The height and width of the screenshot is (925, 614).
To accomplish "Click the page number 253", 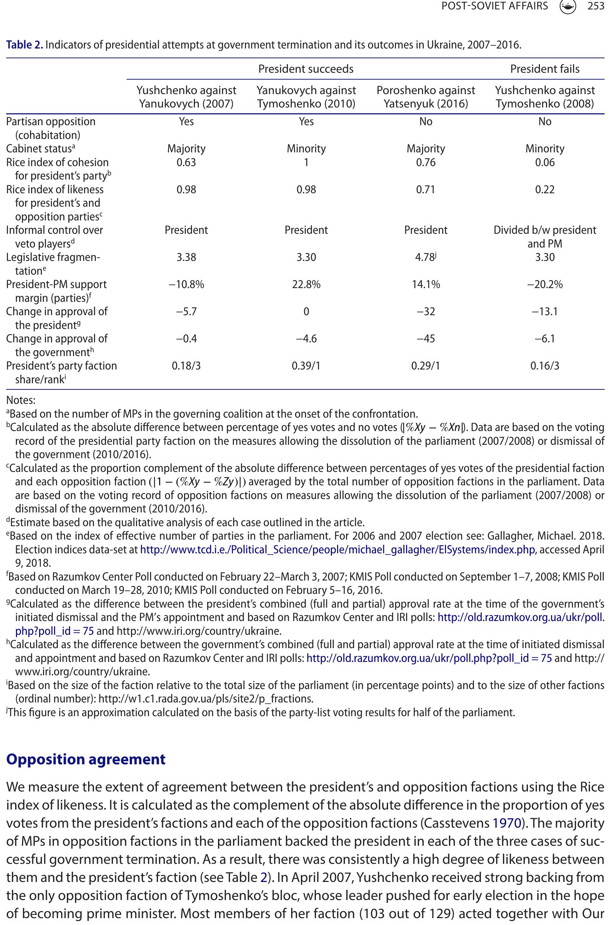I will [x=596, y=7].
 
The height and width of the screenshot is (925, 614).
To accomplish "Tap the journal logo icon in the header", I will [x=568, y=7].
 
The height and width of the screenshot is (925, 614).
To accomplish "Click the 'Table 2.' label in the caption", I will [x=24, y=45].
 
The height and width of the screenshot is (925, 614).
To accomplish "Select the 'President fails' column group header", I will [x=545, y=69].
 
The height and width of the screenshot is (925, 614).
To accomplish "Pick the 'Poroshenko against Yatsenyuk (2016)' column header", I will [x=426, y=97].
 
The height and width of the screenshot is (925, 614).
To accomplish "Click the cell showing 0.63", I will [x=186, y=162].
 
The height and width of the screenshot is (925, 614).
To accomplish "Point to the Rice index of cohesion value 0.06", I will [x=545, y=162].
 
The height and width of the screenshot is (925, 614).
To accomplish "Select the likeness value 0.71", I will [x=426, y=190].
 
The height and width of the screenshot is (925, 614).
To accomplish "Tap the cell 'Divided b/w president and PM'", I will [x=545, y=237].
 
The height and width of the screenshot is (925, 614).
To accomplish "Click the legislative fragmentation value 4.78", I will [x=425, y=257].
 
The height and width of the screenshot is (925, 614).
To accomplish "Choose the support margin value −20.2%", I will [x=545, y=284].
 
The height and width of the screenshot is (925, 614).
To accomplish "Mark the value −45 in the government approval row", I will [x=426, y=338].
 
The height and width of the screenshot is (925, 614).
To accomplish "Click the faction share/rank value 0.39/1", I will [x=306, y=366].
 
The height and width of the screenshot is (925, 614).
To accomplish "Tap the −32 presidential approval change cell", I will [x=426, y=312].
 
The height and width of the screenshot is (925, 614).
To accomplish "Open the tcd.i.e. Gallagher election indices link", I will [x=337, y=550].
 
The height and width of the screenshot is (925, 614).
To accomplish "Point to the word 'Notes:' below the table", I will [x=21, y=400].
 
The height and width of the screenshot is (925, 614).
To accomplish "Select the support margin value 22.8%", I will [x=306, y=284].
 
